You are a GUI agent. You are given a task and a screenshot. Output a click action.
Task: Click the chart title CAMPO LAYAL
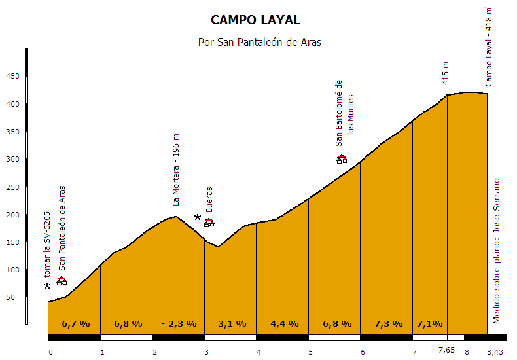[x=256, y=20]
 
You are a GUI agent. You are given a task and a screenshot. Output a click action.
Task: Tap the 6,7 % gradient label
[x=76, y=323]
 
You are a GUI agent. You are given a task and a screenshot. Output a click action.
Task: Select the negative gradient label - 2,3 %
[x=179, y=323]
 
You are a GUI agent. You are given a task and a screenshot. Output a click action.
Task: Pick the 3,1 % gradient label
[x=232, y=323]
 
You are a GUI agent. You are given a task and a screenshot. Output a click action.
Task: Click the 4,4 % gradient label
[x=284, y=323]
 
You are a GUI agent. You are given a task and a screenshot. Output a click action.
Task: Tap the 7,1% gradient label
[x=430, y=323]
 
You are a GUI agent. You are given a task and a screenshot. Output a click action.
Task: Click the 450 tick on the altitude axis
[x=13, y=77]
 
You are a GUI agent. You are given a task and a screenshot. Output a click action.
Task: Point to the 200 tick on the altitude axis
[x=13, y=215]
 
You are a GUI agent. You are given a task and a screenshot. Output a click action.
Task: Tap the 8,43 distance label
[x=496, y=352]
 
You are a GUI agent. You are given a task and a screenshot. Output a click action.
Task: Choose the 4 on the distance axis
[x=259, y=352]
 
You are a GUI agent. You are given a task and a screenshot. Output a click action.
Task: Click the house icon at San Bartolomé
[x=342, y=159]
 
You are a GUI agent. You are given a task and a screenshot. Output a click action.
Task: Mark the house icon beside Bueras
[x=209, y=223]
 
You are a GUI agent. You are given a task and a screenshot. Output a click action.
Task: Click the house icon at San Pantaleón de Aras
[x=62, y=281]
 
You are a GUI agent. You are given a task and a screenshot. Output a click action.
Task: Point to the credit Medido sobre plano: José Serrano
[x=497, y=250]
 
